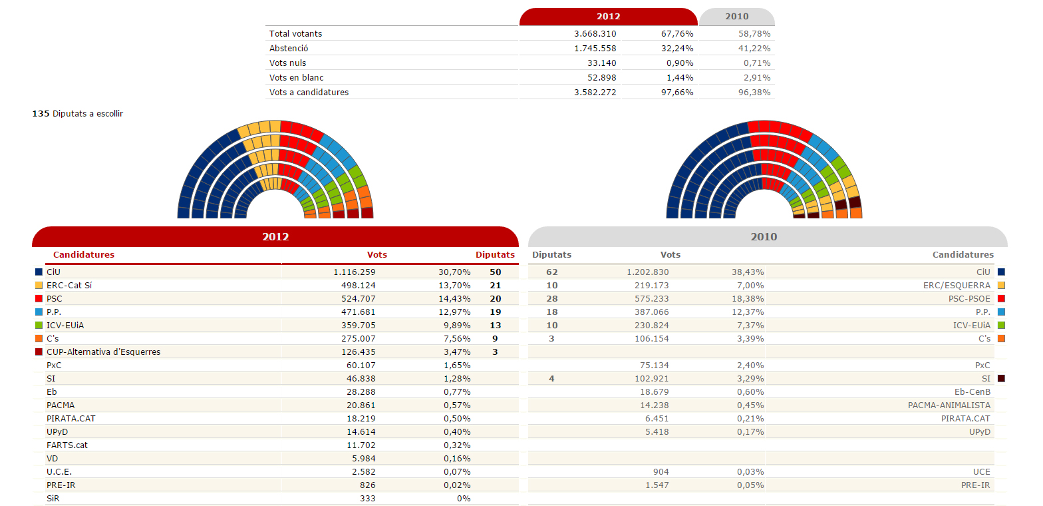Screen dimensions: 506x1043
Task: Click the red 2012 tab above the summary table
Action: tap(608, 17)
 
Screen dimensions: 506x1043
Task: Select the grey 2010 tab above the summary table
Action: tap(736, 17)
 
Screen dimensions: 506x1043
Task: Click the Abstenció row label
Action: tap(289, 48)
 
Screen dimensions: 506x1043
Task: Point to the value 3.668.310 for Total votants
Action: tap(595, 33)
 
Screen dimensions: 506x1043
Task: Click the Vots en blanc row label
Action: tap(296, 77)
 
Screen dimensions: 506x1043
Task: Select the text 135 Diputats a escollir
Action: tap(78, 113)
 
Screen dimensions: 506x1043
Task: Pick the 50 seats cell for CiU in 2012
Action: tap(495, 272)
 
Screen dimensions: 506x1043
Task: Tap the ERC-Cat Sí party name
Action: tap(69, 285)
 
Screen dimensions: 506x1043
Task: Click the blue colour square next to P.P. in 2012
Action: tap(39, 312)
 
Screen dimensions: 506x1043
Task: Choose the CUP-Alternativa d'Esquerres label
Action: tap(103, 352)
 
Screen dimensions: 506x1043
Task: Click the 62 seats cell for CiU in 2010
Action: tap(551, 272)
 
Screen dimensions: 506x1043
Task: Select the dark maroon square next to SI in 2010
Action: tap(1001, 378)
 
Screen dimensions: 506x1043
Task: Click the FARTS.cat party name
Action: tap(67, 445)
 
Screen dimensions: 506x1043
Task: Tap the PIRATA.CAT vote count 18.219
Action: tap(359, 418)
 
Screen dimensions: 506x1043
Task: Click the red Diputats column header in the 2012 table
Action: tap(495, 254)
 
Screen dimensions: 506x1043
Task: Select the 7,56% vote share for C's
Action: tap(457, 338)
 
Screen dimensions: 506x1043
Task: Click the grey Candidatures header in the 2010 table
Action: tap(963, 254)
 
